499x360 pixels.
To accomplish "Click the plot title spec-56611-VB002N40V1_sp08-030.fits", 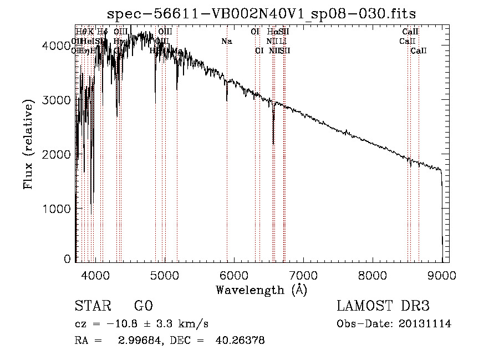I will coord(261,13).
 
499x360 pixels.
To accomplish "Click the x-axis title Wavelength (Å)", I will coord(261,290).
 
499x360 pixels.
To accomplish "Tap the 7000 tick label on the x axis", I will coord(303,275).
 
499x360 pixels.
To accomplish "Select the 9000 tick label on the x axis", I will coord(442,275).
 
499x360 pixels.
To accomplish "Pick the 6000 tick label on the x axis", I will coord(233,275).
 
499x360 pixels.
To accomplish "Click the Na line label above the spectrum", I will coord(226,41).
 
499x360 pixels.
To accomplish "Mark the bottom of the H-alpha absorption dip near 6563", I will coord(273,143).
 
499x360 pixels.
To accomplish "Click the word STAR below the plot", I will coord(90,306).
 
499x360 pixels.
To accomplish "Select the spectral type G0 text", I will coord(143,306).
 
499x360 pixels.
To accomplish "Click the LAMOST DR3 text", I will coord(383,306).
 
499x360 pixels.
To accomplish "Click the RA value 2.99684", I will coord(136,341).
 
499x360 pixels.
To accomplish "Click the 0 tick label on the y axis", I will coord(68,259).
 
